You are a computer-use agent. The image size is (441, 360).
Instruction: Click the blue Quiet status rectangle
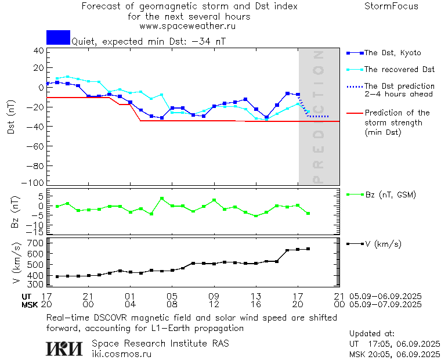tap(58, 37)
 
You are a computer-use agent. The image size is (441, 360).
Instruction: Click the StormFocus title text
tap(391, 6)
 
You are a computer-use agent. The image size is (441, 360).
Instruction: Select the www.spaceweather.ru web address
tap(187, 26)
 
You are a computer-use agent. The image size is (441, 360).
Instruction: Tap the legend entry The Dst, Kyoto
tap(392, 53)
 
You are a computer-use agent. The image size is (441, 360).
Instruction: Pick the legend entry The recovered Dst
tap(399, 70)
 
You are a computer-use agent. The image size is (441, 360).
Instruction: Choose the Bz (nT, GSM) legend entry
tap(390, 195)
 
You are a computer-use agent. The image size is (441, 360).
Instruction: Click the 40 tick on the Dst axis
tap(39, 51)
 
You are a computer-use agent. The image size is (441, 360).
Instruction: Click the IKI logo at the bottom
tap(64, 348)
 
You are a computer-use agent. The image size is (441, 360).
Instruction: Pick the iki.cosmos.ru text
tap(121, 354)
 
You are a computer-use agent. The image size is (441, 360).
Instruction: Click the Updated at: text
tap(372, 334)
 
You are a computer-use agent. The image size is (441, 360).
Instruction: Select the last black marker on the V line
tap(308, 249)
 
